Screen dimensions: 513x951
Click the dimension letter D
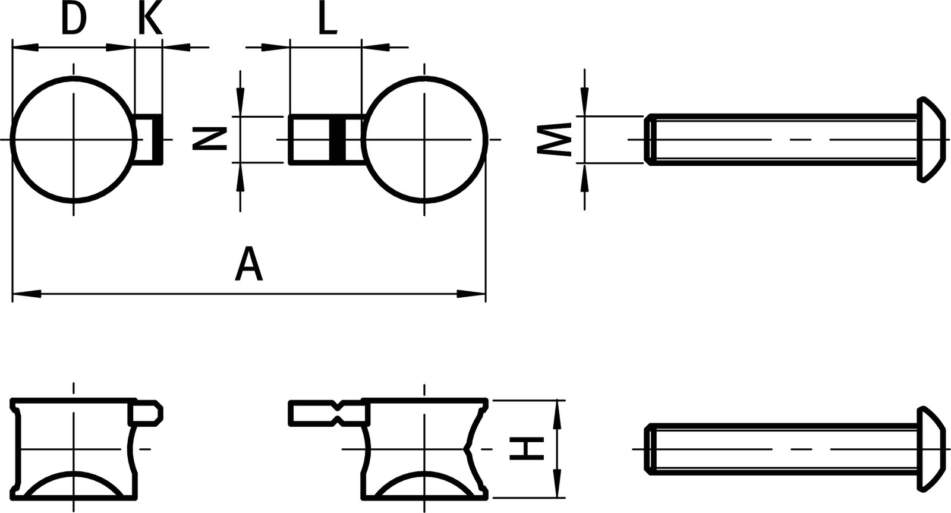coord(74,20)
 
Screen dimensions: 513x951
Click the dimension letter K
coord(150,20)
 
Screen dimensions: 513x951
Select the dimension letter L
coord(327,20)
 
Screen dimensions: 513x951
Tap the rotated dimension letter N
coord(209,139)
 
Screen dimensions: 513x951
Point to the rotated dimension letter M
coord(554,140)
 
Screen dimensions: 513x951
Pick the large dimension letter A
coord(249,265)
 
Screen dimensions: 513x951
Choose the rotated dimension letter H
coord(527,448)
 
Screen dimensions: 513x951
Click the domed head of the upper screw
coord(930,139)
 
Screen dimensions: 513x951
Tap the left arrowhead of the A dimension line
coord(27,293)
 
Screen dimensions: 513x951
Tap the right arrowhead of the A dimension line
coord(471,293)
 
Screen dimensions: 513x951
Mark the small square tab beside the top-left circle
coord(147,139)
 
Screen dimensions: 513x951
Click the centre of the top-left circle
coord(74,139)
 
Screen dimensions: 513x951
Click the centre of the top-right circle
coord(424,139)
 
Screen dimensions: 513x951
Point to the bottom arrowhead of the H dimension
coord(557,483)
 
